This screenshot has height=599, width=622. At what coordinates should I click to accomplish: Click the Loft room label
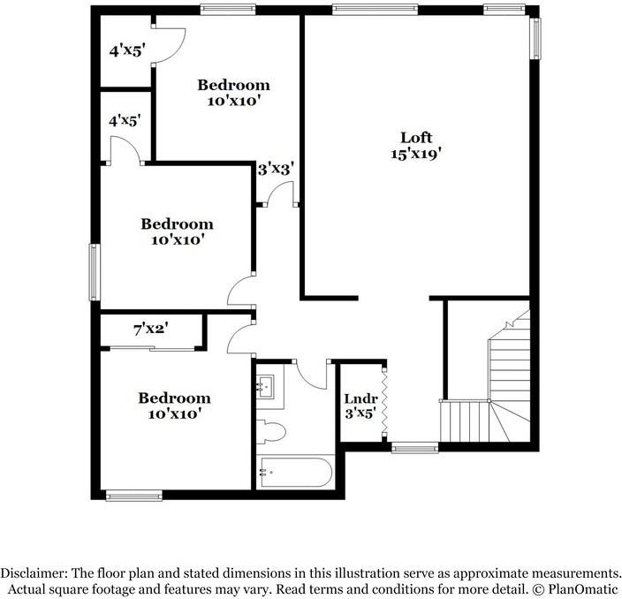point(416,137)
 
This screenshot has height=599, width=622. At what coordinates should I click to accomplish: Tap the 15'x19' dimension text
point(416,153)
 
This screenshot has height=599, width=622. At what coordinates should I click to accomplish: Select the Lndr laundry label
point(360,398)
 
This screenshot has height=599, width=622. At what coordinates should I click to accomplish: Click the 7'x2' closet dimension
point(150,330)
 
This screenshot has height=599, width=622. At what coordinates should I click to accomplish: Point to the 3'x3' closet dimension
point(275,167)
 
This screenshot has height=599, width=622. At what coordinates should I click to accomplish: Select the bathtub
point(294,472)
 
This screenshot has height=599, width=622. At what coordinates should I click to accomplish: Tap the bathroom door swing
point(311,375)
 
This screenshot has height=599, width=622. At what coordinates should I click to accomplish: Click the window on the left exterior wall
point(94,272)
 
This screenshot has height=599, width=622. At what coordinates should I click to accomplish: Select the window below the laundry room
point(414,448)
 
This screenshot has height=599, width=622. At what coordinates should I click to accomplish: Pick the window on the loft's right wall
point(535,39)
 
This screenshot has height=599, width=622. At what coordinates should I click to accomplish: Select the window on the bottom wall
point(134,496)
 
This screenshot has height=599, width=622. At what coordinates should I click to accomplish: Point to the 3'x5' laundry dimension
point(360,411)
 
